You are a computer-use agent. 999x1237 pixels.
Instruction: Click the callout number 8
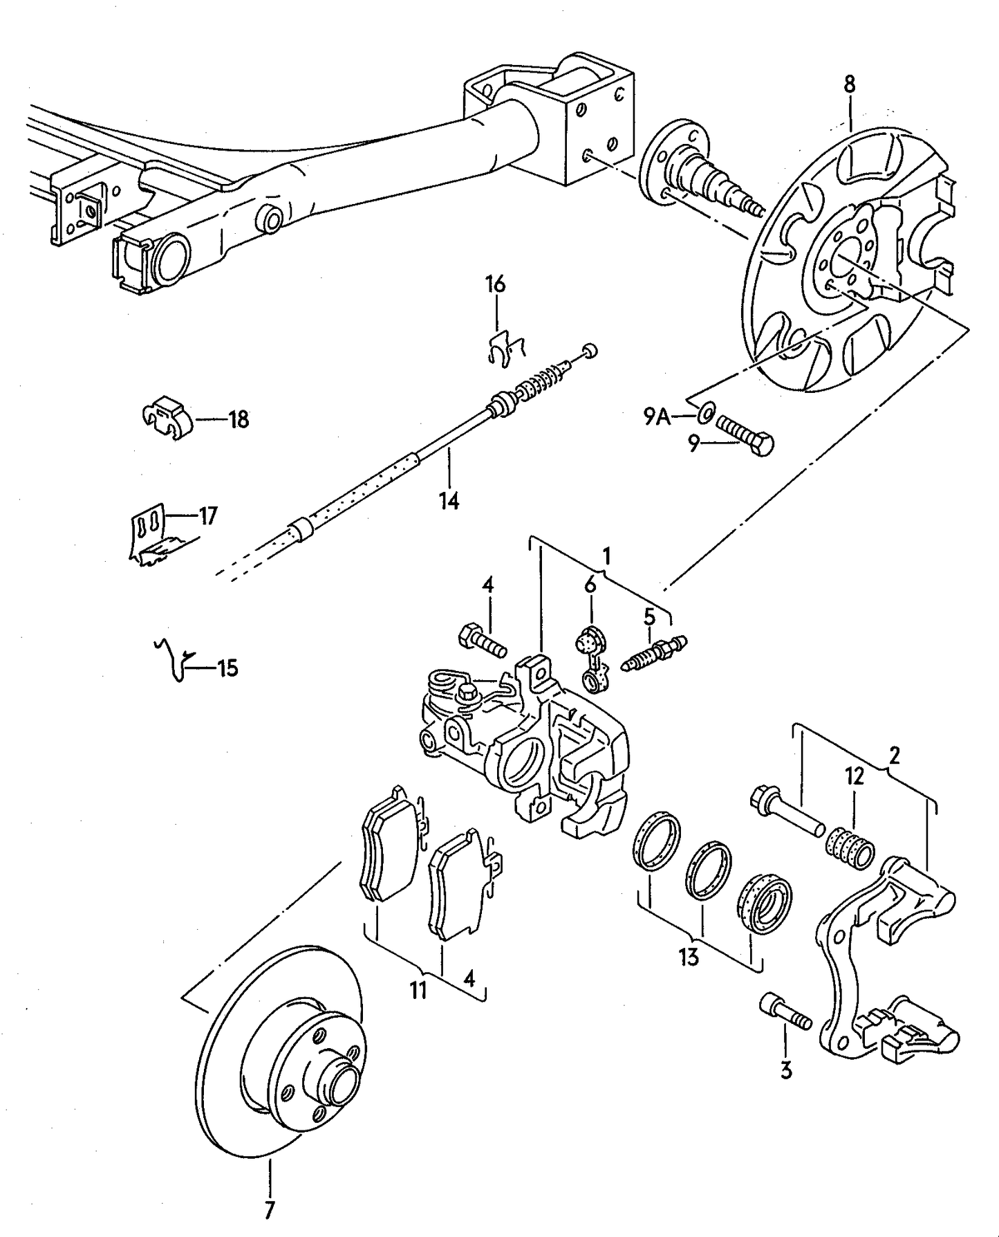pyautogui.click(x=849, y=84)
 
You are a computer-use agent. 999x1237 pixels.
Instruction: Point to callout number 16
pyautogui.click(x=495, y=284)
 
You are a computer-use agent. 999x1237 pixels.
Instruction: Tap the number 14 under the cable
pyautogui.click(x=449, y=500)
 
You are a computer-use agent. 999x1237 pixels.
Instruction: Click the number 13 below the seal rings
pyautogui.click(x=689, y=957)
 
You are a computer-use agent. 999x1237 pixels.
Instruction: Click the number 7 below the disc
pyautogui.click(x=270, y=1204)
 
